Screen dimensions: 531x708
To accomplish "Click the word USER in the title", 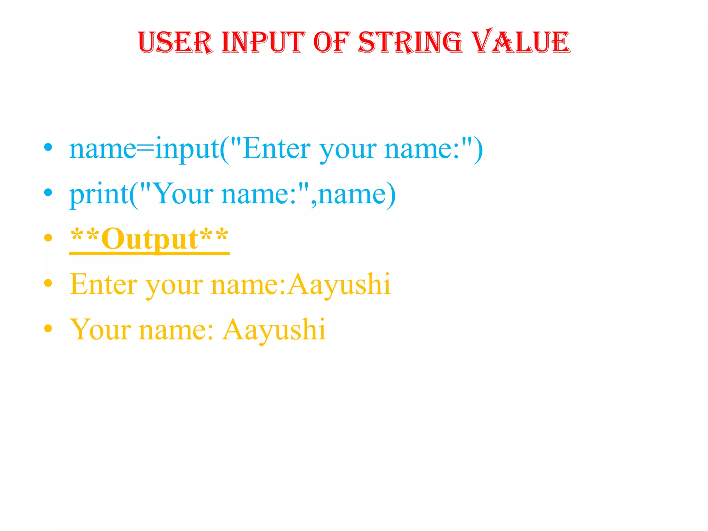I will pos(175,42).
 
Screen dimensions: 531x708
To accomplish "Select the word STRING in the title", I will pos(410,42).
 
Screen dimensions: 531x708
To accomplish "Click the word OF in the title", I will pos(332,42).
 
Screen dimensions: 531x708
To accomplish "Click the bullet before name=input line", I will pos(48,148).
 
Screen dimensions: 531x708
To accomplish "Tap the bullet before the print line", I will pos(48,193).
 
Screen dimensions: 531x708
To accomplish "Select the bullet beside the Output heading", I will pos(48,237).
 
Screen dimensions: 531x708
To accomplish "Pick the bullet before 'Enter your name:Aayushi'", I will pos(48,283).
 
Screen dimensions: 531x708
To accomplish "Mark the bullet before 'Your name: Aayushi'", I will pos(48,328).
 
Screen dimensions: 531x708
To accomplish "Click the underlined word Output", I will pos(149,239).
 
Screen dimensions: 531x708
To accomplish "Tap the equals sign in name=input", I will pos(145,149).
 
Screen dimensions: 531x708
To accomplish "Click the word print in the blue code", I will pos(99,195).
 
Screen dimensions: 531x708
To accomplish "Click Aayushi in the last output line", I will pos(274,330).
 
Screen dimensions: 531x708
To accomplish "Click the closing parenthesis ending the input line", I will pos(478,149).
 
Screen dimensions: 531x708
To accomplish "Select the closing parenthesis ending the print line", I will pos(391,195).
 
